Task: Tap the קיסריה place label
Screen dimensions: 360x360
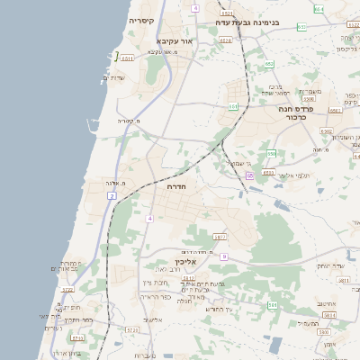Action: pyautogui.click(x=141, y=20)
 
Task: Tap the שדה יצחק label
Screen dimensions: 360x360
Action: pyautogui.click(x=330, y=265)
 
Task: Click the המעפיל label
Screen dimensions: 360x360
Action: pyautogui.click(x=309, y=323)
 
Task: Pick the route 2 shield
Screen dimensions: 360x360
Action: pyautogui.click(x=112, y=195)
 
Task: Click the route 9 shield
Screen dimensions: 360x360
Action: pyautogui.click(x=224, y=256)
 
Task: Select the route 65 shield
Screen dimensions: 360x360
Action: pyautogui.click(x=249, y=175)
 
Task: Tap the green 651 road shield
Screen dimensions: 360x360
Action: pyautogui.click(x=301, y=27)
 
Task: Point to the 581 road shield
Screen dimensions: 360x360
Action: pyautogui.click(x=272, y=306)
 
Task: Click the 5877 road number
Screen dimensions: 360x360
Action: pyautogui.click(x=220, y=237)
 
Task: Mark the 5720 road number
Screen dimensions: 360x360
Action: pyautogui.click(x=67, y=290)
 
